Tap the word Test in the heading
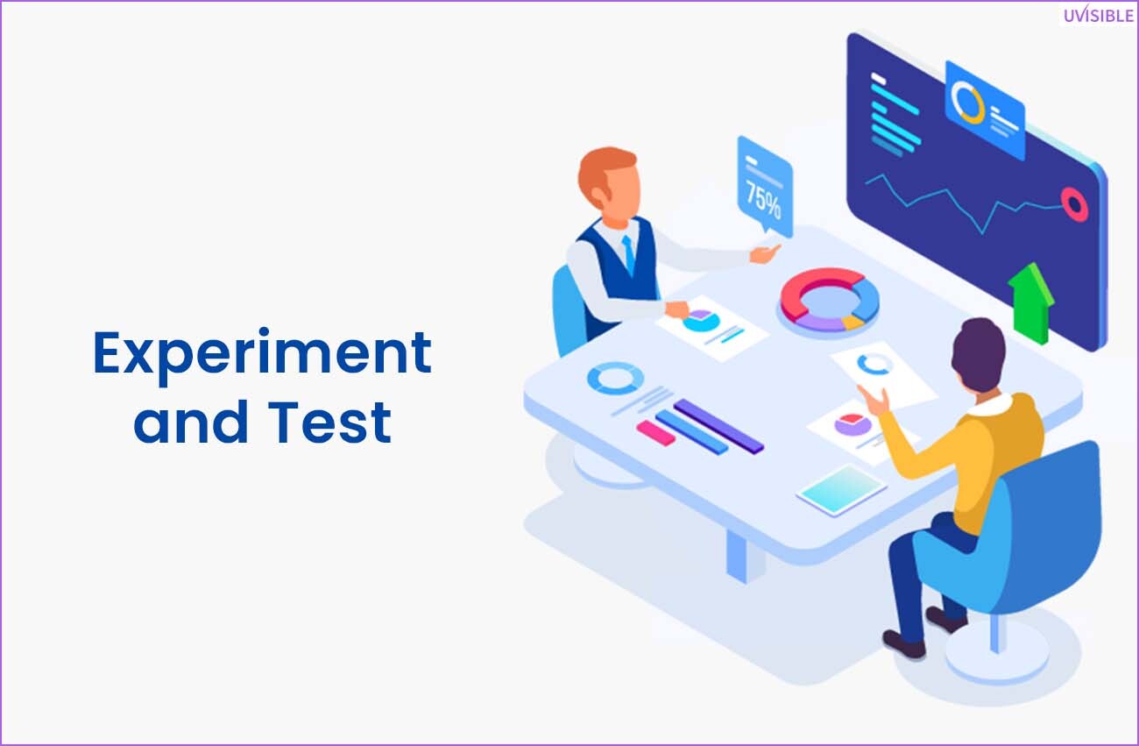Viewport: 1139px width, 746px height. tap(329, 422)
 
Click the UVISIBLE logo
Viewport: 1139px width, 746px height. tap(1099, 15)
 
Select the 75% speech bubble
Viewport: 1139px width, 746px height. tap(765, 187)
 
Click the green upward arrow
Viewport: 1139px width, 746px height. tap(1030, 303)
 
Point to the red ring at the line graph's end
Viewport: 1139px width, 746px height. tap(1074, 204)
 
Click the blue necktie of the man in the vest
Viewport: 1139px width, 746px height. tap(629, 253)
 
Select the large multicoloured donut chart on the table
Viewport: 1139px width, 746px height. tap(830, 300)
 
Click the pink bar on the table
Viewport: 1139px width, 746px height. tap(656, 433)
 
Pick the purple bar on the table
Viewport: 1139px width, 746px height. tap(718, 426)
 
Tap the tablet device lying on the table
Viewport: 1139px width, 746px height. tap(841, 489)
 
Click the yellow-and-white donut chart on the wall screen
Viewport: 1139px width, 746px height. tap(967, 103)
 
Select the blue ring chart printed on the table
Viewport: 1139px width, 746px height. tap(615, 378)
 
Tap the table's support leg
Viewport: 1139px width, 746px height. tap(739, 556)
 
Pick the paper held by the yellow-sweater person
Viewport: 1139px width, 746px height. tap(884, 375)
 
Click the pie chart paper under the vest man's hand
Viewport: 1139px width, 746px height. tap(711, 328)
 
